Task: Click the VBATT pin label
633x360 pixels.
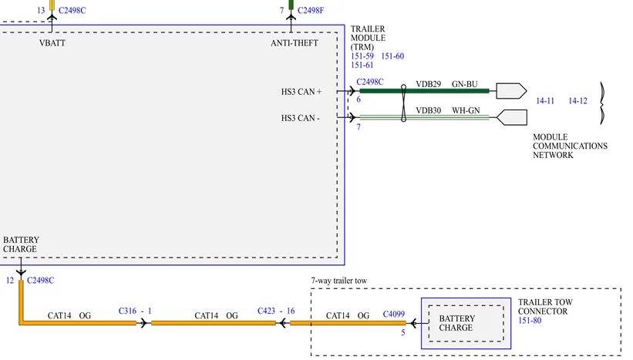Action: tap(52, 43)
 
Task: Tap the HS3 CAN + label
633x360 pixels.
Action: tap(301, 92)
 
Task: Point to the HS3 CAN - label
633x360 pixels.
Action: tap(301, 118)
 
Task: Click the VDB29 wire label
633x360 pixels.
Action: tap(428, 83)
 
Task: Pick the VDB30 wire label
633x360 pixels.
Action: tap(428, 110)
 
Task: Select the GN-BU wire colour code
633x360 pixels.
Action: tap(465, 83)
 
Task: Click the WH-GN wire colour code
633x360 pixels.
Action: tap(465, 110)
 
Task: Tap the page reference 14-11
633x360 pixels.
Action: tap(545, 100)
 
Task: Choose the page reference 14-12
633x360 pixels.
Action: tap(577, 100)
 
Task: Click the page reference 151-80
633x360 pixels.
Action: tap(530, 321)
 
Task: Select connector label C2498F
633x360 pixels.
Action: tap(311, 11)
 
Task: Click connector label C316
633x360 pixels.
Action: tap(128, 311)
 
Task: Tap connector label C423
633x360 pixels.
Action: tap(268, 311)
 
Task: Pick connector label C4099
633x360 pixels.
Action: tap(393, 315)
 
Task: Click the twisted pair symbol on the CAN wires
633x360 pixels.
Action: tap(403, 104)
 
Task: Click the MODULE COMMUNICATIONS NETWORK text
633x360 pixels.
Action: tap(570, 146)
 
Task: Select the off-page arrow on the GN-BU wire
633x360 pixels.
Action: tap(510, 91)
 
